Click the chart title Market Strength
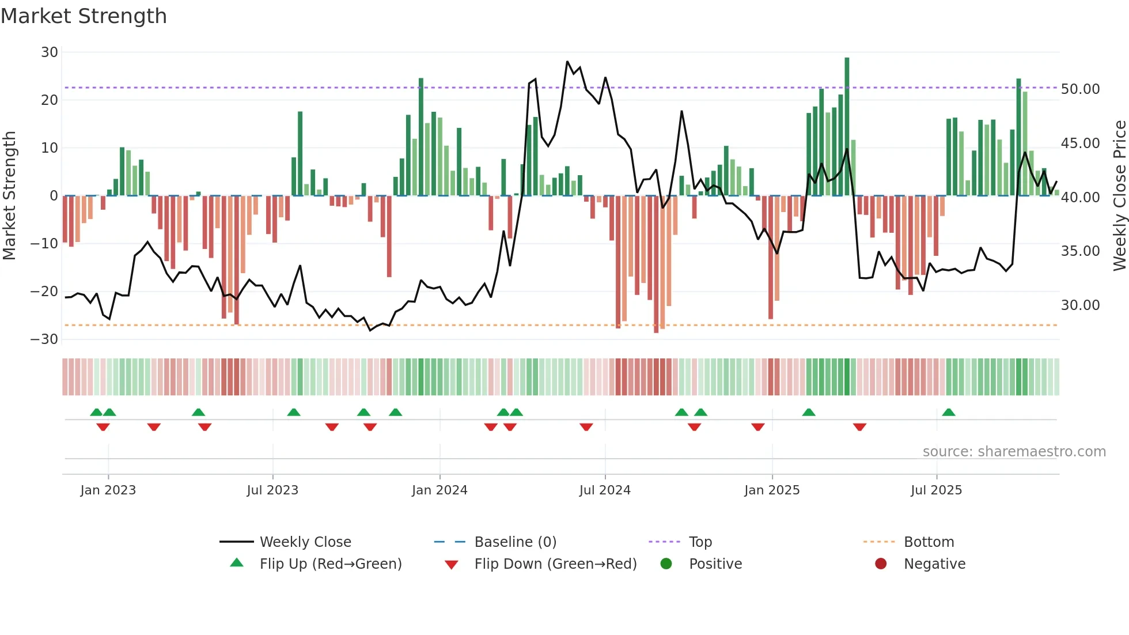(x=84, y=16)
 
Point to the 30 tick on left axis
(x=50, y=52)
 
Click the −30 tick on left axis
(x=44, y=339)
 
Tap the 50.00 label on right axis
(x=1080, y=89)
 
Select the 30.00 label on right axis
(x=1080, y=305)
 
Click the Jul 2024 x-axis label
(x=605, y=490)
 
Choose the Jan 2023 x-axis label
(x=108, y=490)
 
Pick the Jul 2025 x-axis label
(x=936, y=490)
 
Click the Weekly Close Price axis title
(x=1119, y=196)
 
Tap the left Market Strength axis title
(x=10, y=196)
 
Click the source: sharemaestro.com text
(x=1014, y=452)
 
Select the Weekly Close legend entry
(x=305, y=542)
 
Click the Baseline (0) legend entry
(x=515, y=542)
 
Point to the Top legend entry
(x=700, y=542)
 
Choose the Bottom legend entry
(x=929, y=542)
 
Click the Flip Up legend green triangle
(x=237, y=563)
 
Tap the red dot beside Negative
(x=881, y=564)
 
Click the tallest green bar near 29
(x=847, y=127)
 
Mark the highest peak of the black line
(x=567, y=62)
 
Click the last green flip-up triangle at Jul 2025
(x=949, y=413)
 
